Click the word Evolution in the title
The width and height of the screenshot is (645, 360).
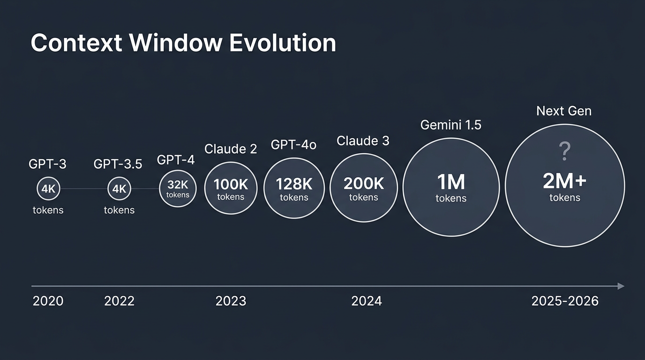[x=283, y=43]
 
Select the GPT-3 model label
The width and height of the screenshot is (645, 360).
[x=48, y=164]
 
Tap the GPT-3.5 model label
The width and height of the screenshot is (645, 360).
[x=118, y=164]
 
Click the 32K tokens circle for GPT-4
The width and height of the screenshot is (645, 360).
[x=178, y=188]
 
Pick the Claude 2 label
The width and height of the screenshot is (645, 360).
[x=231, y=149]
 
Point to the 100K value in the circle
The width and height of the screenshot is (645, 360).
[x=231, y=184]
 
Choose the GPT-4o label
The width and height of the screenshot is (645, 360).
[x=293, y=145]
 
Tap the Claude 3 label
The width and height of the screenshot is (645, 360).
[x=363, y=141]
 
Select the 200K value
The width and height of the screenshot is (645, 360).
[x=364, y=184]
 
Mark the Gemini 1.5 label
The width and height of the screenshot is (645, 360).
[x=450, y=125]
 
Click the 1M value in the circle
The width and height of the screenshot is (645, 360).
[x=451, y=182]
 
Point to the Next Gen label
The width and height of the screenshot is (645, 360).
[x=564, y=111]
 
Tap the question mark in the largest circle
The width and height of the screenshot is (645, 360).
[x=565, y=152]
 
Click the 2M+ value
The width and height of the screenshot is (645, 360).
[x=565, y=181]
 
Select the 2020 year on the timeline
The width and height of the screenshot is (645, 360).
[x=48, y=301]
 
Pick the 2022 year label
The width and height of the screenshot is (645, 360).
[x=119, y=301]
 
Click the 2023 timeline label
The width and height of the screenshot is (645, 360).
[x=231, y=301]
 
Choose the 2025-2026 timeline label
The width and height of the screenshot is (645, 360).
[x=565, y=301]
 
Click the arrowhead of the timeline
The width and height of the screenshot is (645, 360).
[x=621, y=286]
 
